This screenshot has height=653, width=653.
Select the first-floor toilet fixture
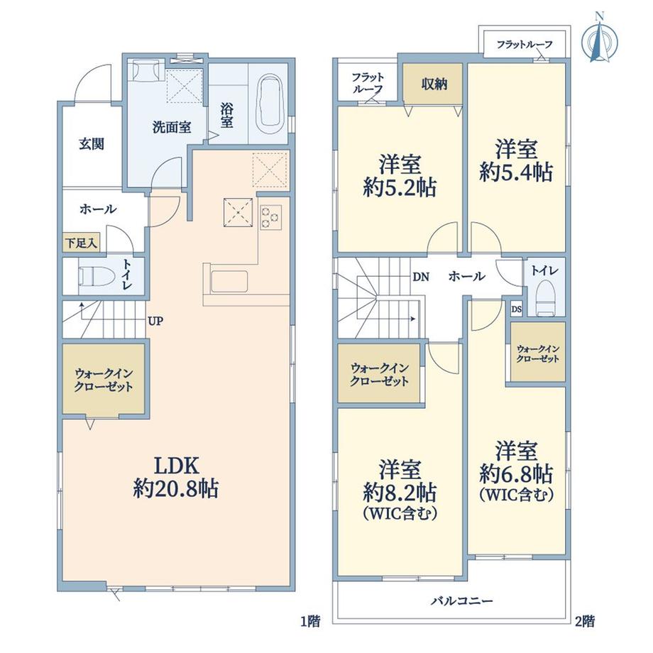tap(97, 276)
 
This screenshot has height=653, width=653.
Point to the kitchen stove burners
tap(270, 217)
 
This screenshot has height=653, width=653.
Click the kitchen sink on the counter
tap(229, 282)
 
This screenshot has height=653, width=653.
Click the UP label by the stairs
tap(155, 321)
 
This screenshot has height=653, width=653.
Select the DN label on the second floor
tap(421, 277)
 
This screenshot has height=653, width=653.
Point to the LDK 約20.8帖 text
tap(176, 477)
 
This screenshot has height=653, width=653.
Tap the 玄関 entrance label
tap(92, 144)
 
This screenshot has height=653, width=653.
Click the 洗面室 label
tap(172, 128)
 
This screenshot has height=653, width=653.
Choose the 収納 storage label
tap(434, 84)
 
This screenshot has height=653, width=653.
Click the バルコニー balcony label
tap(462, 600)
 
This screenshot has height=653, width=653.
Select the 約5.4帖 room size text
tap(516, 172)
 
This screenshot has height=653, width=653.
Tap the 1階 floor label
tap(311, 622)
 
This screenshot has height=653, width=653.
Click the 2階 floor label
tap(585, 622)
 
